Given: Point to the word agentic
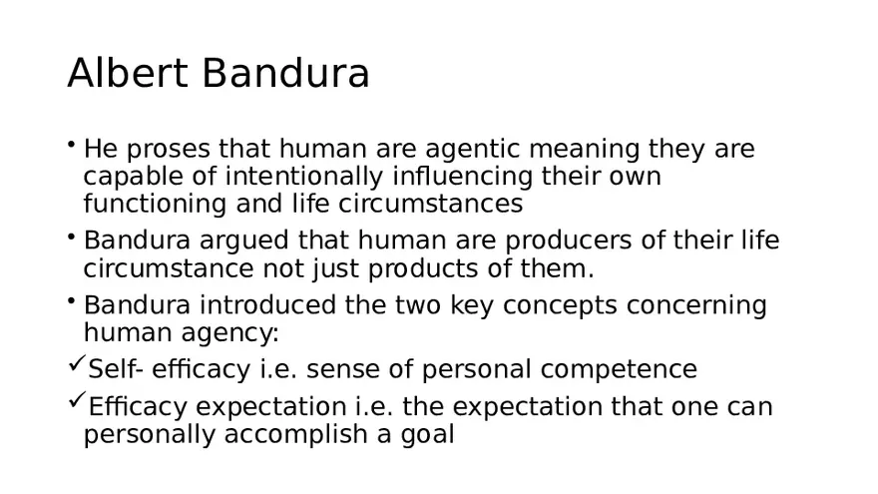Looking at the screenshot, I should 473,150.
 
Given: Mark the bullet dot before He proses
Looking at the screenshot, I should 73,145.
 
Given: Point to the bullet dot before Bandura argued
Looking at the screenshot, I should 73,237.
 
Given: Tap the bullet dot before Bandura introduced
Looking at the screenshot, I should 73,300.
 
